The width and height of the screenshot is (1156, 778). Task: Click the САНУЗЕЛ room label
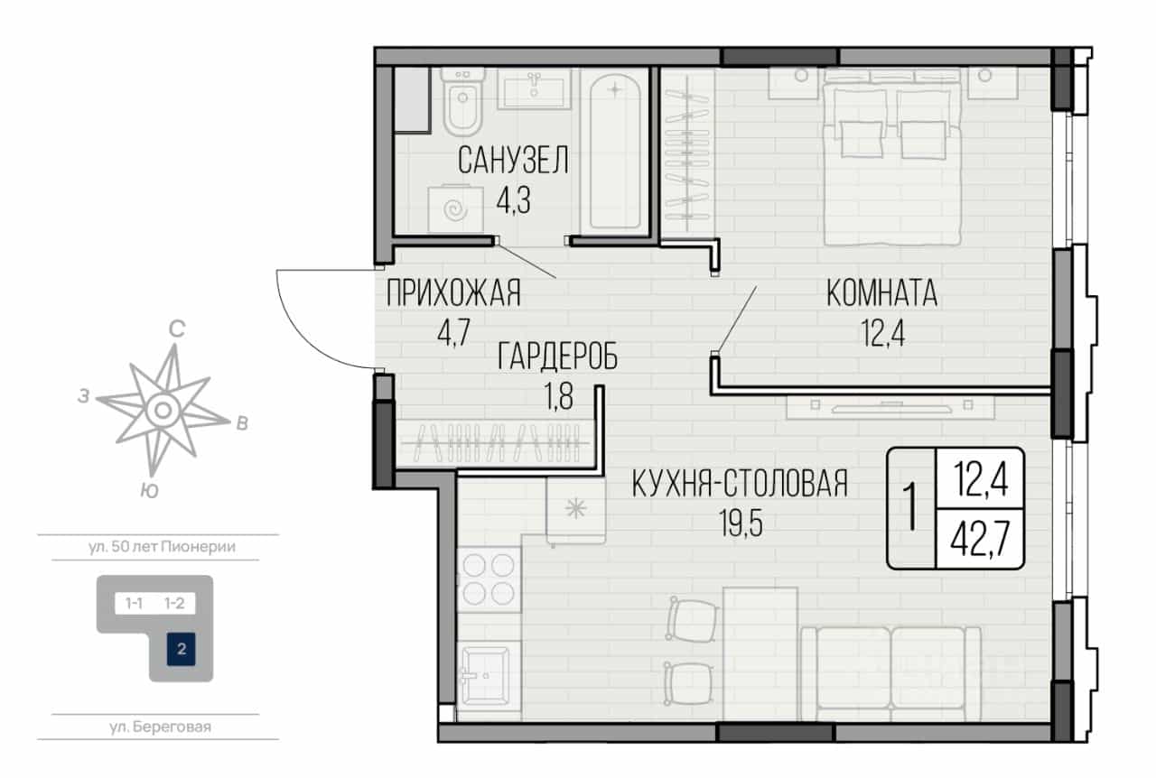(x=513, y=160)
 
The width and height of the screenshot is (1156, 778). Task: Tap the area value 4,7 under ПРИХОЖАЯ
(x=453, y=333)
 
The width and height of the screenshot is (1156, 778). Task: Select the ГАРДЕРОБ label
(x=557, y=357)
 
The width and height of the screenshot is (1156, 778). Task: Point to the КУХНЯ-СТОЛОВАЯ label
(x=740, y=484)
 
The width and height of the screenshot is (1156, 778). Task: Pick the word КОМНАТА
(x=882, y=293)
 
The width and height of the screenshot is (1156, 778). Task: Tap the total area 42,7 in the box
(x=980, y=538)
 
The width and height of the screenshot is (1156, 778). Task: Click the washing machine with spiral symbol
(x=456, y=209)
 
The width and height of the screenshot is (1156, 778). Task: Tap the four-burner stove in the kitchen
(x=489, y=579)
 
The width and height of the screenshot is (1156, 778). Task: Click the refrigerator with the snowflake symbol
(x=575, y=510)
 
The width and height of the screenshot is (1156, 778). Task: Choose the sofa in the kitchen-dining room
(x=890, y=673)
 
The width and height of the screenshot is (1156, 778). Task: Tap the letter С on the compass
(x=177, y=329)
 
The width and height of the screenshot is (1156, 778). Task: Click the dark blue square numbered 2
(x=182, y=649)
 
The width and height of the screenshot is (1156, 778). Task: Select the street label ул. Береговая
(x=160, y=727)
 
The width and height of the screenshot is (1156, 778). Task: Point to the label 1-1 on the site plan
(x=135, y=603)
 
